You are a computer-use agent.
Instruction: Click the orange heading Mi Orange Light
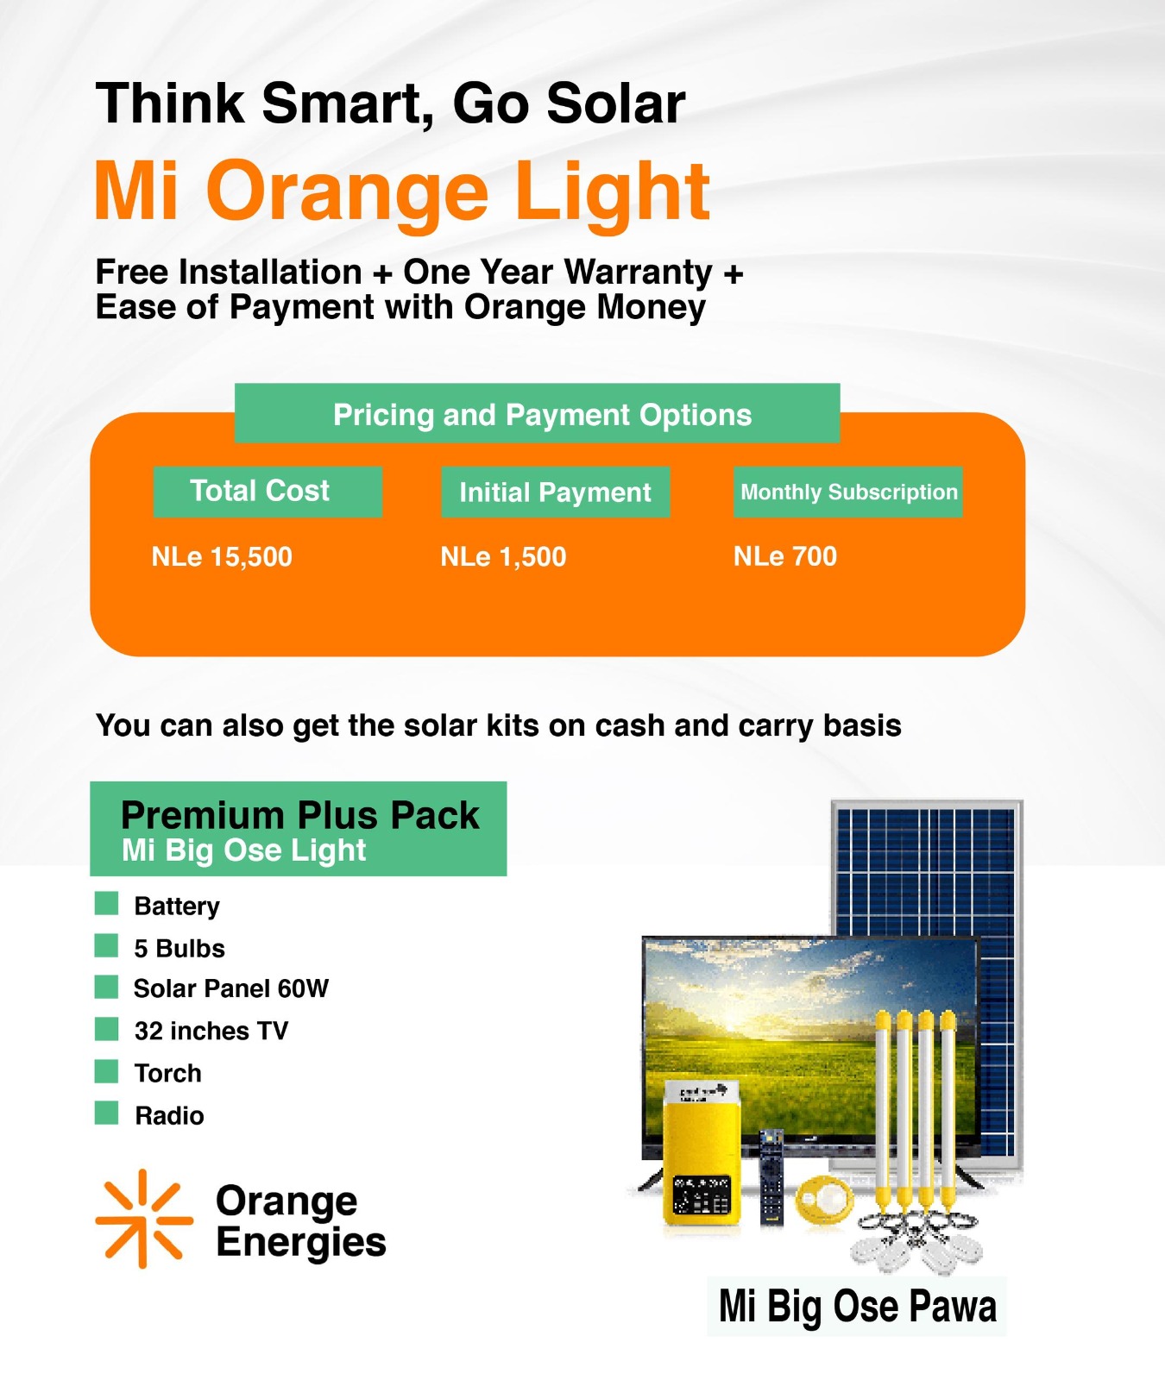coord(402,191)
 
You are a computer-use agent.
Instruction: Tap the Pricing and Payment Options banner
coord(537,413)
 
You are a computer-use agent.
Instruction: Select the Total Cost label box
coord(268,492)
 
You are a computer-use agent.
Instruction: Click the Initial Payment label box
coord(555,492)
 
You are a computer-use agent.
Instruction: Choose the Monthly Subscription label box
coord(847,492)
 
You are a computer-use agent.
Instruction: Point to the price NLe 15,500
coord(222,556)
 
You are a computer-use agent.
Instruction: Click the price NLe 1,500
coord(503,556)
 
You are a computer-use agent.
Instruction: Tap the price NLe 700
coord(785,556)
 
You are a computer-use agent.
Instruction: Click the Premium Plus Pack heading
coord(299,815)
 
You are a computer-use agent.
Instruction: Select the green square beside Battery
coord(106,904)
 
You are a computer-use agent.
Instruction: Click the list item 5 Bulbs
coord(179,948)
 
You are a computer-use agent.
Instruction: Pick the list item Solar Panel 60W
coord(231,988)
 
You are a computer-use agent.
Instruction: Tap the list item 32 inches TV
coord(211,1031)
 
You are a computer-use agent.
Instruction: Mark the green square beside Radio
coord(106,1113)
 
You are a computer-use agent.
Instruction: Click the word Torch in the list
coord(168,1073)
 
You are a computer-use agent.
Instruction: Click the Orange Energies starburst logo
coord(143,1219)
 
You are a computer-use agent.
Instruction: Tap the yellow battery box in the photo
coord(702,1151)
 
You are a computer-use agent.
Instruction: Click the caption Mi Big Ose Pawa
coord(857,1306)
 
